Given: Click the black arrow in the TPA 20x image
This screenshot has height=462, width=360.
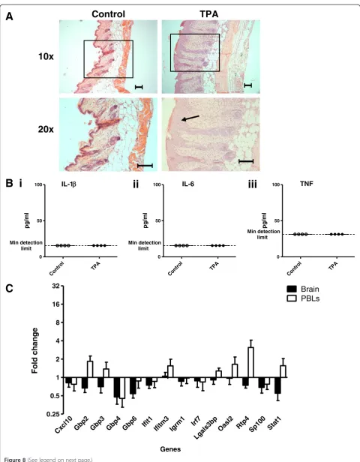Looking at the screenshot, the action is pyautogui.click(x=190, y=118).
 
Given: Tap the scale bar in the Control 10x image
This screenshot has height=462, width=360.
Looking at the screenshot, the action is pyautogui.click(x=139, y=87).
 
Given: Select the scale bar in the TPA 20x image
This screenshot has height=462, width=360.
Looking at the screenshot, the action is pyautogui.click(x=246, y=161).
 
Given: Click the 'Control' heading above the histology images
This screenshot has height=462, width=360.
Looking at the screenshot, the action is pyautogui.click(x=108, y=14).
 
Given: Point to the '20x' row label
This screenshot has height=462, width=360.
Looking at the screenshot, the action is pyautogui.click(x=46, y=129).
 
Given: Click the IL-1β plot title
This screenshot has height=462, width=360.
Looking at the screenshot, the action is pyautogui.click(x=69, y=184).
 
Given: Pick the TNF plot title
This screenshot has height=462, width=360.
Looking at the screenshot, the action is pyautogui.click(x=307, y=184).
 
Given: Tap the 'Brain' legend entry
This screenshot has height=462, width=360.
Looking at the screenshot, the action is pyautogui.click(x=303, y=289).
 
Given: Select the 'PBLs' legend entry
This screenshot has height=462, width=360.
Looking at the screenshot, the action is pyautogui.click(x=304, y=298).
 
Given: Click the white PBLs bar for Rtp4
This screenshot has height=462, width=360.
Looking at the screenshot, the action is pyautogui.click(x=250, y=362).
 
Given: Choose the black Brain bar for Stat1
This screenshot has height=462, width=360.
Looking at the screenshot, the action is pyautogui.click(x=277, y=385).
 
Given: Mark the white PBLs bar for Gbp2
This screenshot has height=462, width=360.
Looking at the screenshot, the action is pyautogui.click(x=90, y=369).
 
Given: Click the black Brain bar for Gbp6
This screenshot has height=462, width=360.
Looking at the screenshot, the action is pyautogui.click(x=133, y=385).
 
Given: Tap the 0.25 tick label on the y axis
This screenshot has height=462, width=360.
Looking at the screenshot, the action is pyautogui.click(x=55, y=414).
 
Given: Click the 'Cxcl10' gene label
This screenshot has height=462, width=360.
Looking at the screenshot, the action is pyautogui.click(x=63, y=424).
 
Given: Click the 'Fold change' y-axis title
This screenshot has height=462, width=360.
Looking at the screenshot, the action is pyautogui.click(x=34, y=350).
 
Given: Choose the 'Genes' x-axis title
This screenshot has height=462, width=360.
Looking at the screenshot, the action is pyautogui.click(x=170, y=449).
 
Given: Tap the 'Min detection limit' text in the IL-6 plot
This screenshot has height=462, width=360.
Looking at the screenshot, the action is pyautogui.click(x=145, y=245).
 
